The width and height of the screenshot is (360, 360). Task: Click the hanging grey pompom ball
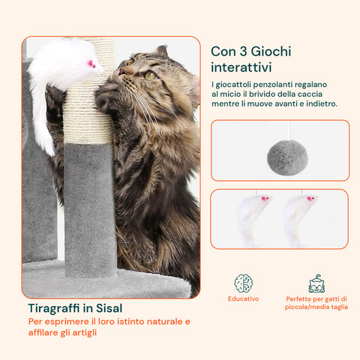(287, 157)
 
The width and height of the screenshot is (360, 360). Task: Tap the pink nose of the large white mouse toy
(91, 64)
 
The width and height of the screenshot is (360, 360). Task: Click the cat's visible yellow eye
(151, 75)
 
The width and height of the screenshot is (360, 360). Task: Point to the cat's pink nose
(121, 72)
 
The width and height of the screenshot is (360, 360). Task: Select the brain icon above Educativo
(243, 283)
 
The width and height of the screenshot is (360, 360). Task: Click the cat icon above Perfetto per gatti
(316, 283)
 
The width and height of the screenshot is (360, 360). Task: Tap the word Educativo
(243, 298)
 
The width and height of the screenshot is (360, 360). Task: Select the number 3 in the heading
(243, 52)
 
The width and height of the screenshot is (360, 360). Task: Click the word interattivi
(241, 67)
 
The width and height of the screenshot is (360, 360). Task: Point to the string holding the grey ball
(289, 130)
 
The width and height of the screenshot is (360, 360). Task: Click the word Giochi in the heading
(271, 52)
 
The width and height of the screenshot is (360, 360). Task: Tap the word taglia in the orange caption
(340, 307)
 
